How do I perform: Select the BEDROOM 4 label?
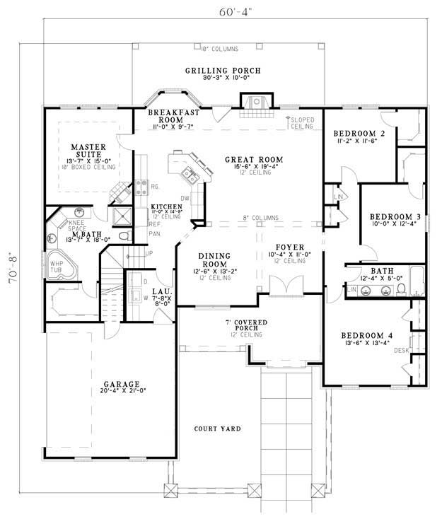click(366, 335)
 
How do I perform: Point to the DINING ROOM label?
click(211, 259)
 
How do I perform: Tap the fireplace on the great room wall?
click(252, 104)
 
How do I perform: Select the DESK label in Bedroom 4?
click(402, 349)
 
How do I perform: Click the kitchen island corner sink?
click(188, 171)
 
